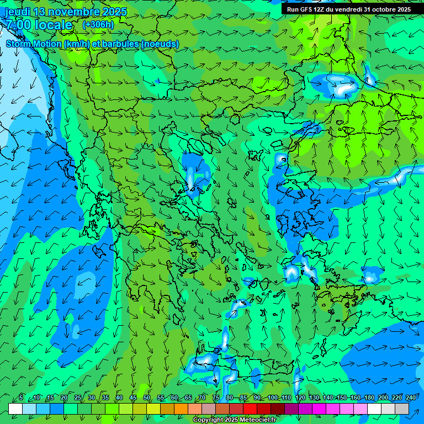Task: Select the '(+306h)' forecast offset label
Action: point(98,24)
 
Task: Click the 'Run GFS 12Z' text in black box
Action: point(307,9)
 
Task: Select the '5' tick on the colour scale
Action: point(21,397)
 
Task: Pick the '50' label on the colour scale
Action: point(147,397)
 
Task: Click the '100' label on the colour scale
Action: point(272,397)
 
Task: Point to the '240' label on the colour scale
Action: point(410,397)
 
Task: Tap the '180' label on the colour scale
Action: point(369,397)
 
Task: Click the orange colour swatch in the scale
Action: point(181,409)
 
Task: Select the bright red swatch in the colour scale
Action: point(250,409)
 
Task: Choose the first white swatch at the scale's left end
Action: point(15,409)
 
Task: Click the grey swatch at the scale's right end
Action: point(402,409)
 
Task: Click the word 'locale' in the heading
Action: point(54,25)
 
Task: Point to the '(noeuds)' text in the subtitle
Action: point(160,44)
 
